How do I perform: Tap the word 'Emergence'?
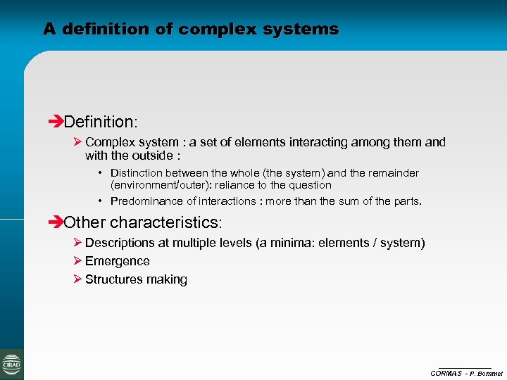pyautogui.click(x=117, y=261)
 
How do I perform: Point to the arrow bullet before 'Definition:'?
pyautogui.click(x=57, y=123)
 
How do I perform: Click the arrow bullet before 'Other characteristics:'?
pyautogui.click(x=57, y=222)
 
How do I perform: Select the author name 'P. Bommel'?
pyautogui.click(x=487, y=373)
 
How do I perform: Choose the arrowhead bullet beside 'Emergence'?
pyautogui.click(x=77, y=261)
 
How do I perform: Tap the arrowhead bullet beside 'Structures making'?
pyautogui.click(x=77, y=279)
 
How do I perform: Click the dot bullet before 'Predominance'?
pyautogui.click(x=102, y=201)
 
